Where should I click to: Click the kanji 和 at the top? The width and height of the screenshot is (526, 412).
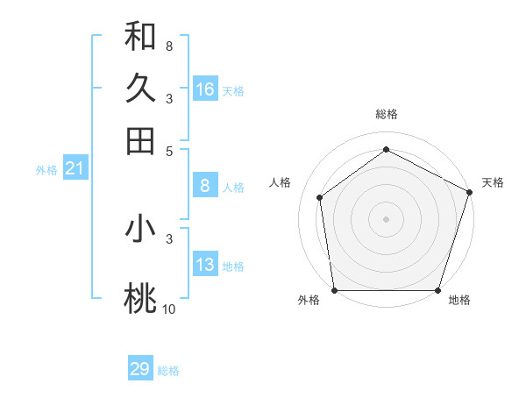coord(140,36)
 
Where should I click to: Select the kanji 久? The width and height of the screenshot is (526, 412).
coord(140,89)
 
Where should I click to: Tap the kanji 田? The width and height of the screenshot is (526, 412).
coord(140,141)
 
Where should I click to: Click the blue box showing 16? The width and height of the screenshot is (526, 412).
coord(205,89)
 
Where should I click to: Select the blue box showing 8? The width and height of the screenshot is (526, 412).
coord(205,186)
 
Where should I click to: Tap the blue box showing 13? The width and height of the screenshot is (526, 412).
coord(205,265)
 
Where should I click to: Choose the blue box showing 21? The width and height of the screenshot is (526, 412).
coord(75,168)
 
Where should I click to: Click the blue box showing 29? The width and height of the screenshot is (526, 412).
coord(140,369)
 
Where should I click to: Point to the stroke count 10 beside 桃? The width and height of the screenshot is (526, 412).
coord(168,309)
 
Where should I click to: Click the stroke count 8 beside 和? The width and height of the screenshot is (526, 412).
coord(169,46)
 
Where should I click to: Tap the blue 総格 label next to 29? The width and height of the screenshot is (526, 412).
coord(168,371)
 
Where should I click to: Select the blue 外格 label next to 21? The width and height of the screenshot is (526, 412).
coord(46,170)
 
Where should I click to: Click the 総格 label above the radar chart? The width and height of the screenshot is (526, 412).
coord(387,114)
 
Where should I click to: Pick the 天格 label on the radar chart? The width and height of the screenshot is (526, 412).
coord(493,182)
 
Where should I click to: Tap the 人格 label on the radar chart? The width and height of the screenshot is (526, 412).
coord(281,182)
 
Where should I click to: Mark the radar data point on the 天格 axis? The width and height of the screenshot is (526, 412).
coord(469,192)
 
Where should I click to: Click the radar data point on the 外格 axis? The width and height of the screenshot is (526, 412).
coord(334,289)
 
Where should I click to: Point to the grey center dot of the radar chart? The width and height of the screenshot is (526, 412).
coord(386,218)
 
